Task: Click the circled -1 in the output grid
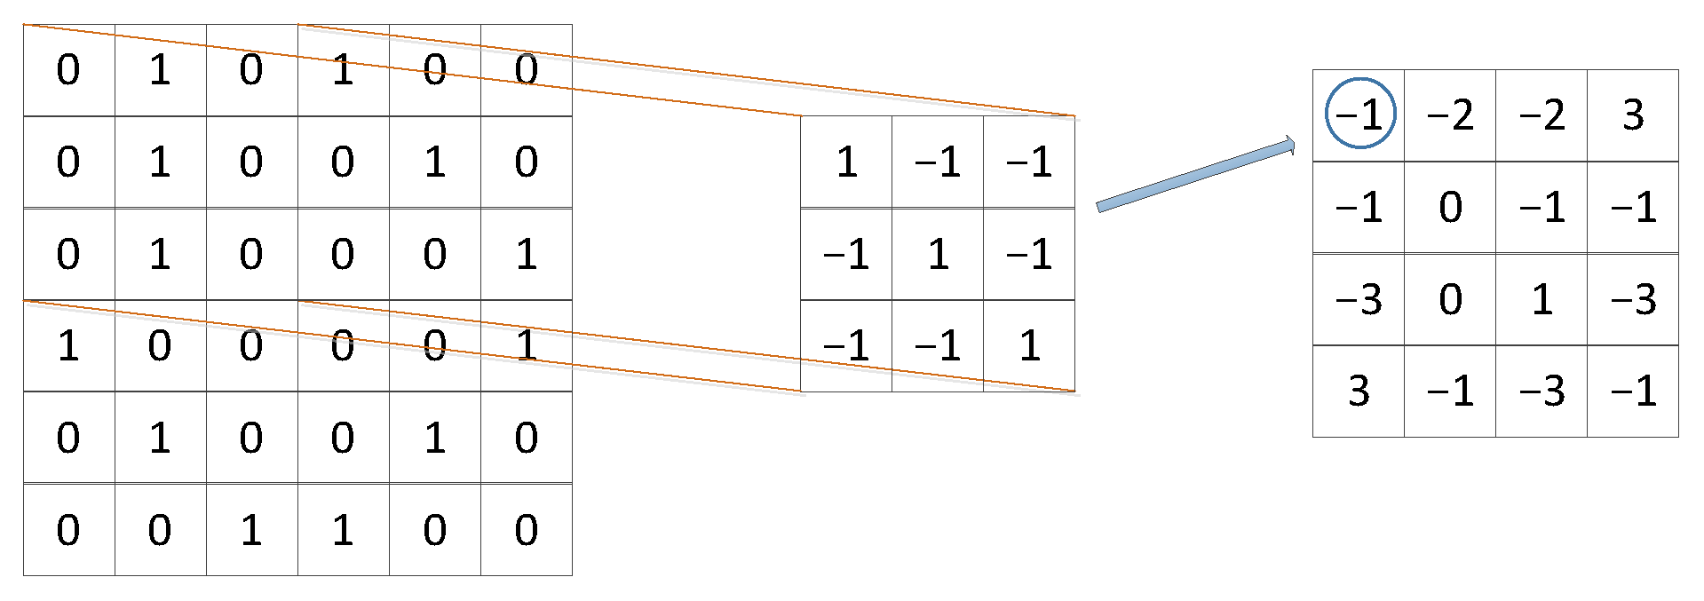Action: tap(1359, 115)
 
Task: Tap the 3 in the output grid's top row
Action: tap(1633, 115)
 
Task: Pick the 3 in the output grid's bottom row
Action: tap(1359, 391)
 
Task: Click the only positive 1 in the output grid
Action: tap(1542, 299)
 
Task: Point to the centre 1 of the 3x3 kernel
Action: tap(938, 255)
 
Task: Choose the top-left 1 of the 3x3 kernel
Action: tap(846, 162)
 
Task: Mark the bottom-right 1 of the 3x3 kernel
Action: tap(1029, 345)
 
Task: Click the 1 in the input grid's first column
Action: tap(68, 345)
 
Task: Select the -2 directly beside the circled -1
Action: tap(1450, 115)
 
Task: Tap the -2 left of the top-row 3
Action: tap(1542, 115)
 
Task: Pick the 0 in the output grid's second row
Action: tap(1450, 207)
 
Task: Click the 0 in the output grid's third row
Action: tap(1450, 299)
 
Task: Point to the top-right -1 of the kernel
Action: tap(1029, 162)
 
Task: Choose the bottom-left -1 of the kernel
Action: tap(846, 345)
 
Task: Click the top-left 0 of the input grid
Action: tap(68, 70)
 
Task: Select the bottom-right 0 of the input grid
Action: tap(527, 530)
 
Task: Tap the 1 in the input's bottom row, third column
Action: tap(251, 530)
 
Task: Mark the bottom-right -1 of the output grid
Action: tap(1633, 391)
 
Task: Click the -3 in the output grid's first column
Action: tap(1359, 299)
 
